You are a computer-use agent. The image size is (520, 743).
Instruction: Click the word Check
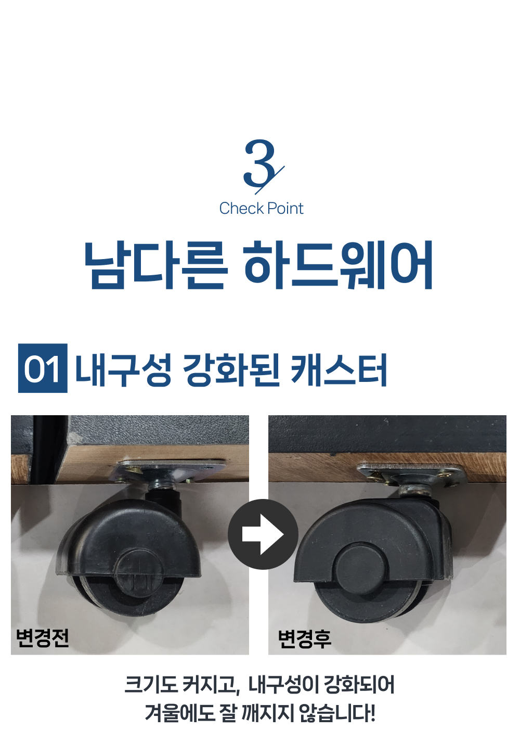coord(241,209)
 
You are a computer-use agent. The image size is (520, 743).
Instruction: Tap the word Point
coord(285,209)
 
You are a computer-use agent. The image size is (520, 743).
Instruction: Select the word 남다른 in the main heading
coord(157,264)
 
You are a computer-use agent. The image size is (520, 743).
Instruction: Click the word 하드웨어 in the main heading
coord(338,264)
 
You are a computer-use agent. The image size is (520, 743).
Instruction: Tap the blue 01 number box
coord(43,368)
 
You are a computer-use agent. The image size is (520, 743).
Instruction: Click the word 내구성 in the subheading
coord(123,370)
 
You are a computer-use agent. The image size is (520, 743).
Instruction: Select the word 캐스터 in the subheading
coord(339,370)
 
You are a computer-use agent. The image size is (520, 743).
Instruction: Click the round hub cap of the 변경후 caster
coord(361,568)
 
